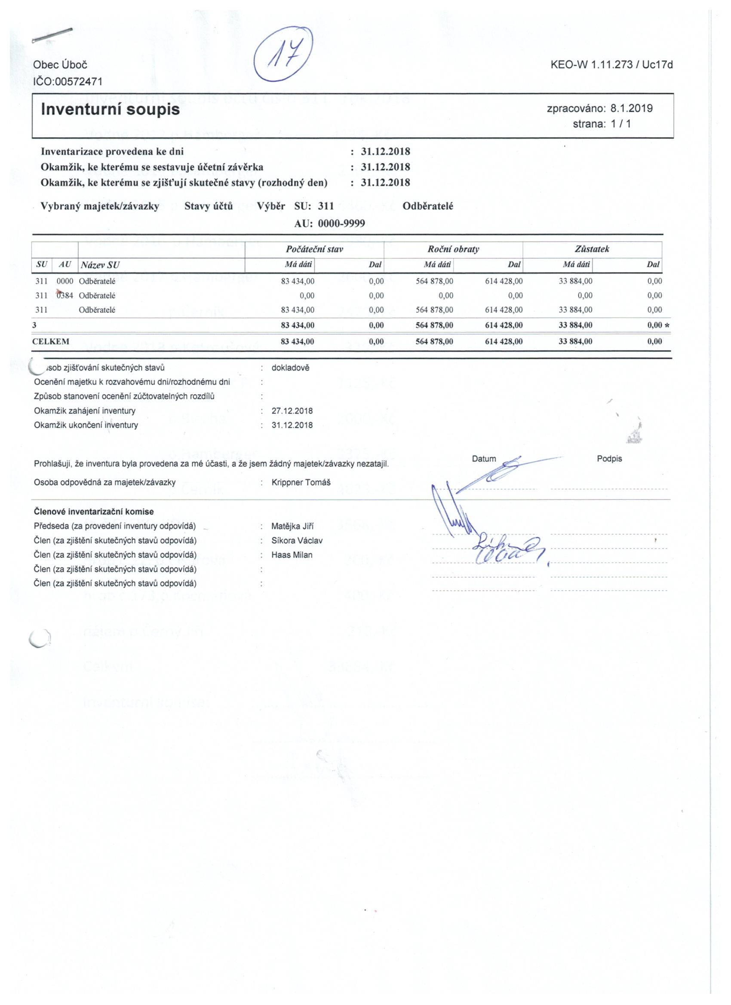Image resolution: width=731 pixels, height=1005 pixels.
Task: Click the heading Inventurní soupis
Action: [x=111, y=109]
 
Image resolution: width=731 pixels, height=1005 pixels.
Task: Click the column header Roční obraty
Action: [x=453, y=249]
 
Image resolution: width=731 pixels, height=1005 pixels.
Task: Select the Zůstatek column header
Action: [x=592, y=249]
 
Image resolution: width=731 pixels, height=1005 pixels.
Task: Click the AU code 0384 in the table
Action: [x=65, y=296]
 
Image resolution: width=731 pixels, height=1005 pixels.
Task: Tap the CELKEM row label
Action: [x=51, y=341]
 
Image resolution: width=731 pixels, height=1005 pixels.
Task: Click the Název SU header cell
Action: [x=99, y=265]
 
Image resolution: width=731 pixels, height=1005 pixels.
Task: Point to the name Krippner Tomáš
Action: [x=301, y=482]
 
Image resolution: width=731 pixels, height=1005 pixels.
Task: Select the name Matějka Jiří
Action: [x=292, y=527]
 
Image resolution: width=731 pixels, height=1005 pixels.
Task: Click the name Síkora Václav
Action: [x=297, y=541]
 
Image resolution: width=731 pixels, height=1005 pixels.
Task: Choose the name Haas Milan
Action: [x=292, y=555]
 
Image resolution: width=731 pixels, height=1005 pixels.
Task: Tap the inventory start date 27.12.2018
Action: [x=292, y=411]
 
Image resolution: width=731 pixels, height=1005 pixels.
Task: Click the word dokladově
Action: [x=290, y=368]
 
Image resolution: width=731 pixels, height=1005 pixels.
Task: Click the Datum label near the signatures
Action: [x=484, y=459]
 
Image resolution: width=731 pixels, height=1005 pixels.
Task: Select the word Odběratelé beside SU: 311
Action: [x=428, y=206]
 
